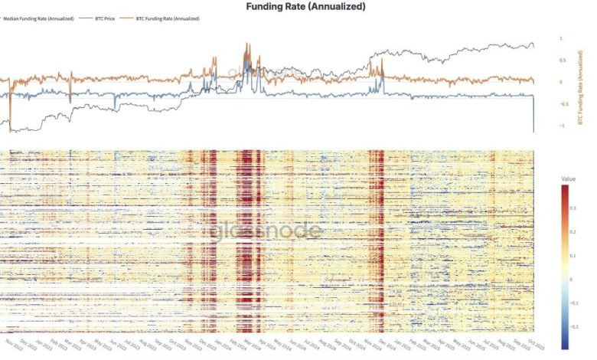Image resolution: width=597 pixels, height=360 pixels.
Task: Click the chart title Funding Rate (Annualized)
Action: pyautogui.click(x=305, y=6)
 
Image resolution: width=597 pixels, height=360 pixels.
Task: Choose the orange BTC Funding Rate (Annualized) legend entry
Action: pyautogui.click(x=167, y=18)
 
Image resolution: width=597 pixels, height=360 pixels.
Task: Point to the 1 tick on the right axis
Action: pyautogui.click(x=561, y=38)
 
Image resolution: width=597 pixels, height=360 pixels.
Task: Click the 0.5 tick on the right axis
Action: pyautogui.click(x=563, y=61)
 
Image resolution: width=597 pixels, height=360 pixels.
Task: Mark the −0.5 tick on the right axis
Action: pyautogui.click(x=563, y=104)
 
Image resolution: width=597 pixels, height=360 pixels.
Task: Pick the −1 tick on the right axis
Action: pyautogui.click(x=562, y=126)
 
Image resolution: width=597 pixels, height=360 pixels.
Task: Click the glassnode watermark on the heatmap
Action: pyautogui.click(x=256, y=231)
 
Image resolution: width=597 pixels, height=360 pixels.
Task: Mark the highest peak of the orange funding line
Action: pyautogui.click(x=246, y=44)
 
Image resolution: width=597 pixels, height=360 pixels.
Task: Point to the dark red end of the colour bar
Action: pyautogui.click(x=567, y=190)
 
